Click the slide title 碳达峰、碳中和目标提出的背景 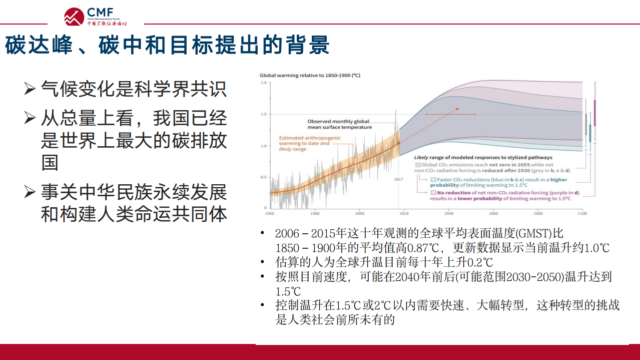[168, 45]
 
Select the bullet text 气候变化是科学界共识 [134, 89]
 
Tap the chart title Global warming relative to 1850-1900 [310, 75]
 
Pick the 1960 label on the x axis [270, 212]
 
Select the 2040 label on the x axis [448, 212]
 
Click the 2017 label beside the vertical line [399, 179]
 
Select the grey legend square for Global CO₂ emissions [418, 164]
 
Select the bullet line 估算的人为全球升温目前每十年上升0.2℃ [384, 262]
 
